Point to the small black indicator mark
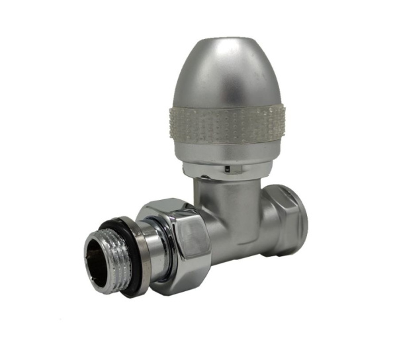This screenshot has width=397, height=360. coord(226,169)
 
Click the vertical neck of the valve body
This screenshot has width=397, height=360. coord(222,196)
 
